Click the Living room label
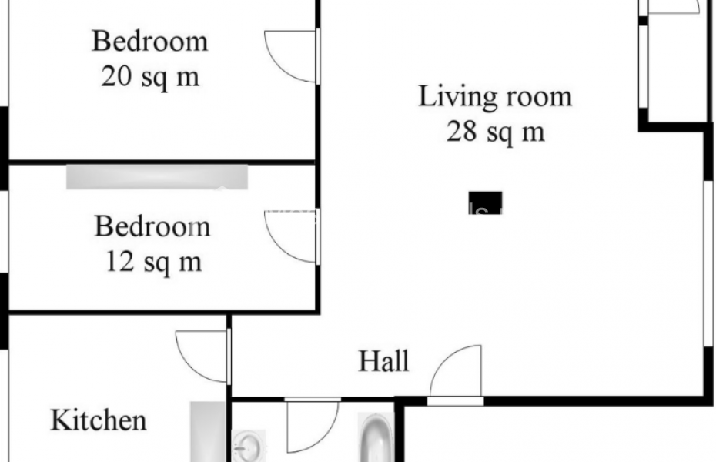[x=495, y=97]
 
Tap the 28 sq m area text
[x=495, y=132]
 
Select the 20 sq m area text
[x=150, y=77]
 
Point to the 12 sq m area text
[x=152, y=262]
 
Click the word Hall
[x=383, y=360]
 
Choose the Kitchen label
[x=99, y=420]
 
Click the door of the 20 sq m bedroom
[x=291, y=56]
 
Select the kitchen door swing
[x=202, y=356]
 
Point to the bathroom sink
[x=249, y=446]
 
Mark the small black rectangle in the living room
[x=485, y=203]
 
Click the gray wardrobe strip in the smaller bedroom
[x=157, y=176]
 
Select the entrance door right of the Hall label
[x=457, y=374]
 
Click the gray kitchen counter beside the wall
[x=204, y=431]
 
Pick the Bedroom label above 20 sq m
[x=150, y=41]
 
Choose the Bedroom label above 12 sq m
[x=152, y=226]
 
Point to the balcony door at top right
[x=673, y=7]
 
